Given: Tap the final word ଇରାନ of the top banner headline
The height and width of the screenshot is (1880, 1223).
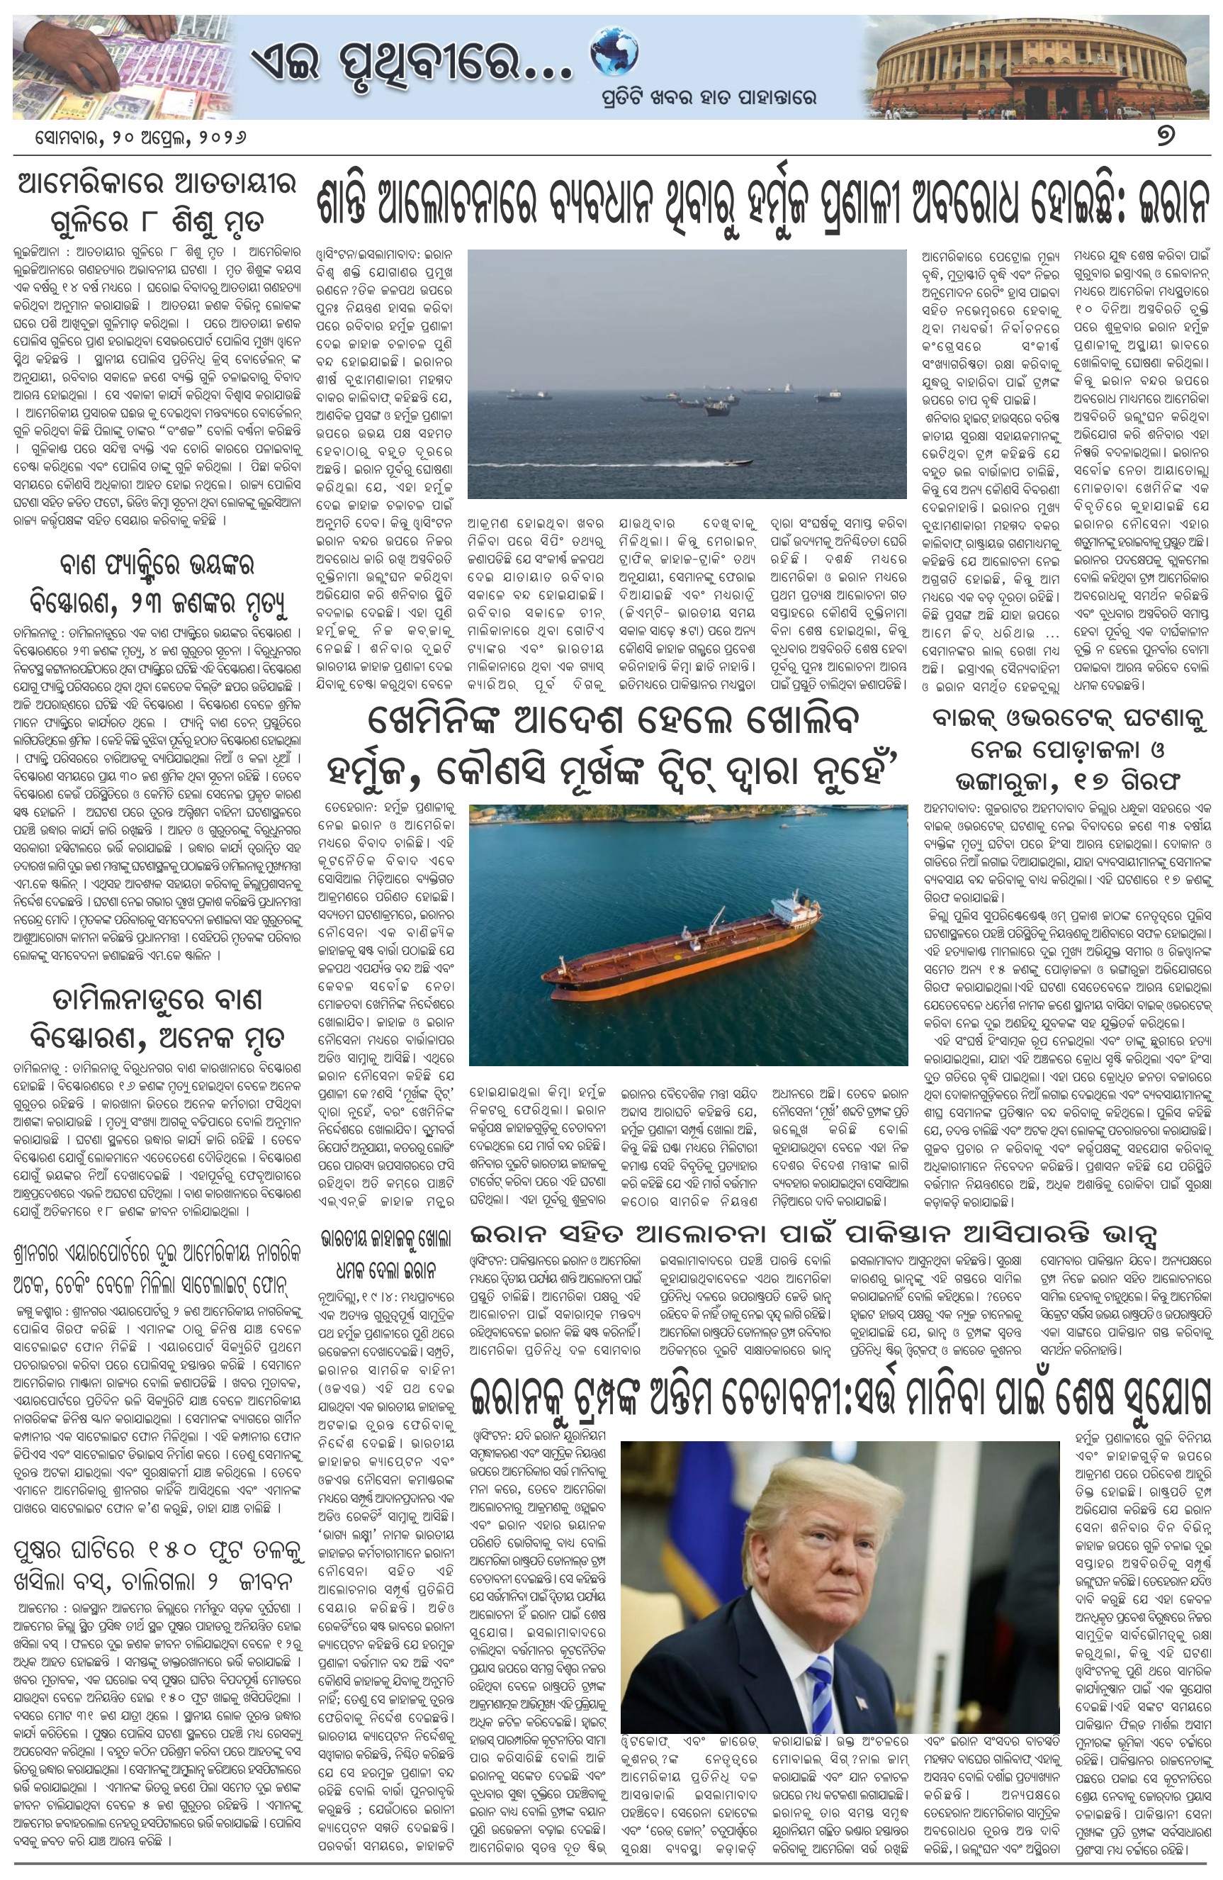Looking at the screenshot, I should (1174, 206).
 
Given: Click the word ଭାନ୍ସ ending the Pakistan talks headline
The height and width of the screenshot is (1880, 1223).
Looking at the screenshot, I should (1180, 1235).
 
